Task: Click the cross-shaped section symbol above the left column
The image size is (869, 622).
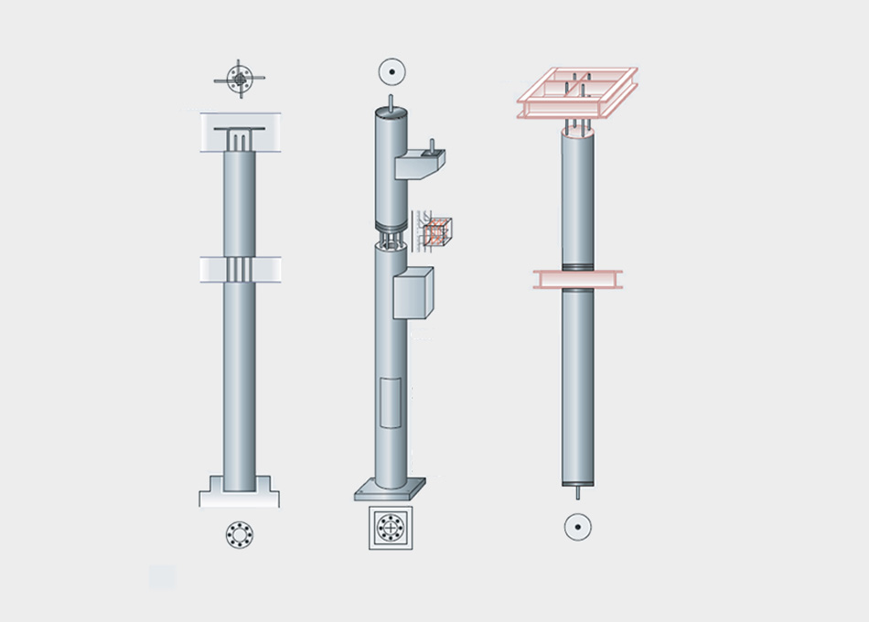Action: tap(240, 80)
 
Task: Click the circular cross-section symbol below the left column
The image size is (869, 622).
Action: tap(240, 534)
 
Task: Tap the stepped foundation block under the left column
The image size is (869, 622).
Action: tap(240, 493)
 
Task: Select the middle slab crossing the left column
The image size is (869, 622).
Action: tap(240, 269)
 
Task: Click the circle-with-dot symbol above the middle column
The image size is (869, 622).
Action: tap(392, 70)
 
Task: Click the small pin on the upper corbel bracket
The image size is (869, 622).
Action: tap(433, 144)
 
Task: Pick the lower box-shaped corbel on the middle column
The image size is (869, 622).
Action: tap(413, 293)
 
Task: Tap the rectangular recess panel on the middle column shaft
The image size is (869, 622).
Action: tap(391, 402)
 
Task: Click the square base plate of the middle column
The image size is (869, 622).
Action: tap(391, 489)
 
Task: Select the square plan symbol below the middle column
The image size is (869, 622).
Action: tap(391, 528)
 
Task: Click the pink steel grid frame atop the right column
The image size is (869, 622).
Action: tap(576, 93)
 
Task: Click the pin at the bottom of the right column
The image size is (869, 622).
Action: tap(577, 493)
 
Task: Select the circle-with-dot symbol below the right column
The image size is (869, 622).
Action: tap(577, 527)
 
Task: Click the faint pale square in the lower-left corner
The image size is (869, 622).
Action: tap(162, 576)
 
